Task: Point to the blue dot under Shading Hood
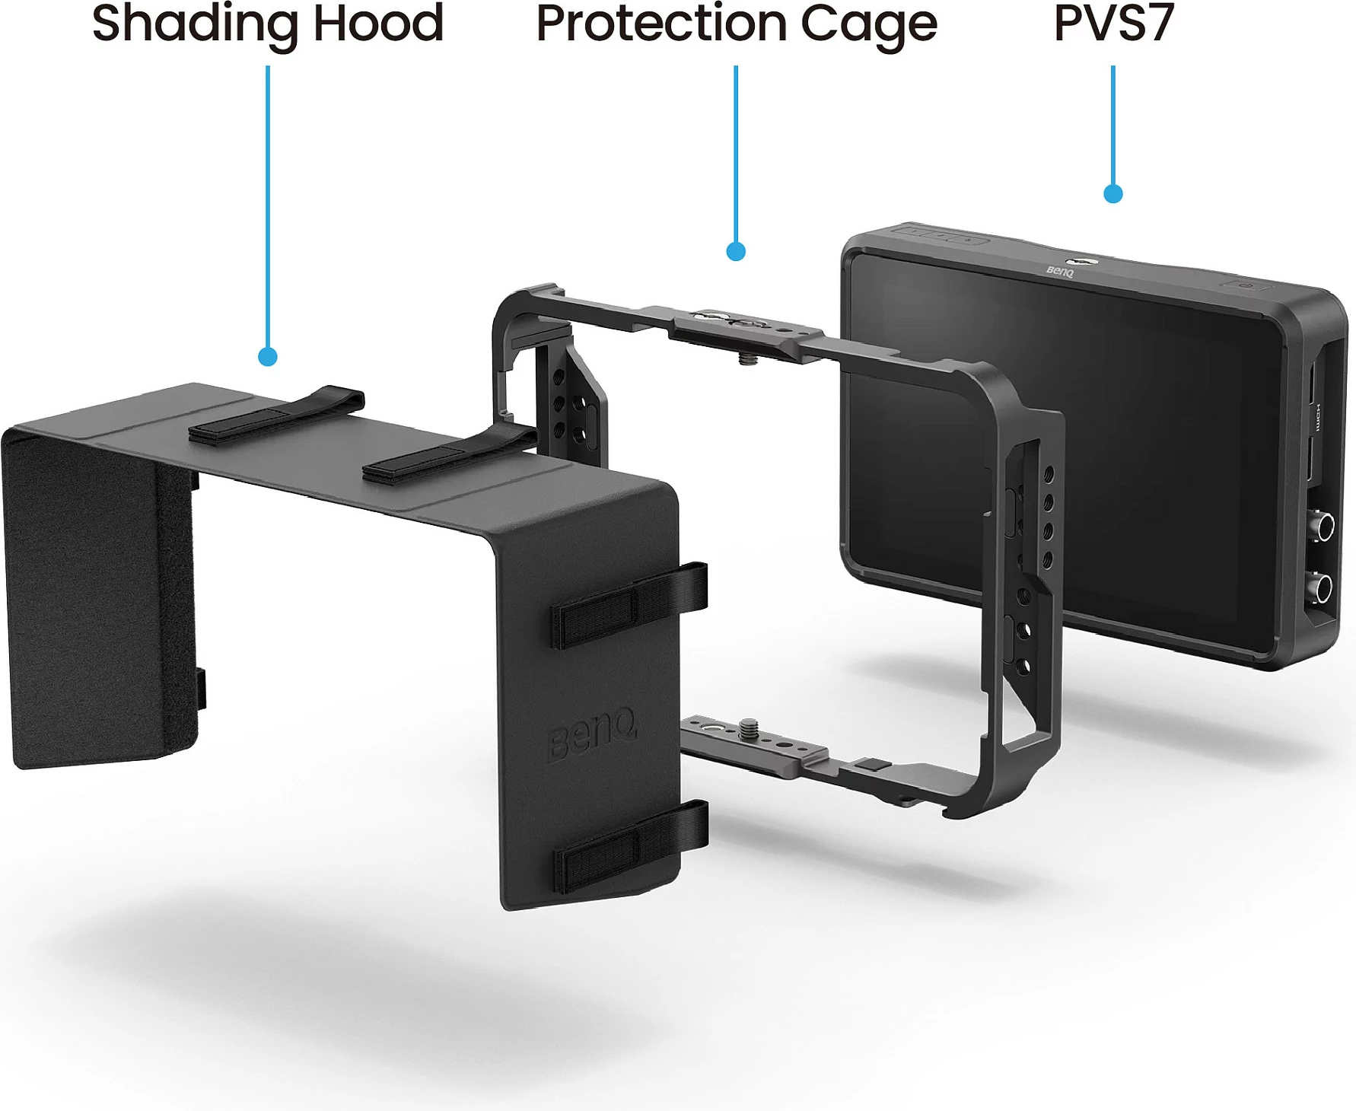[x=268, y=356]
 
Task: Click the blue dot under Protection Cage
[x=736, y=251]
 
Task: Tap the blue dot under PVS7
[x=1113, y=193]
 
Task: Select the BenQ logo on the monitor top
[x=1060, y=271]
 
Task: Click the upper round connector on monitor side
[x=1325, y=527]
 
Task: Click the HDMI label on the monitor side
[x=1318, y=417]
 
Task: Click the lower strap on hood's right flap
[x=632, y=846]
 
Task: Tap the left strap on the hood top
[x=277, y=415]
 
